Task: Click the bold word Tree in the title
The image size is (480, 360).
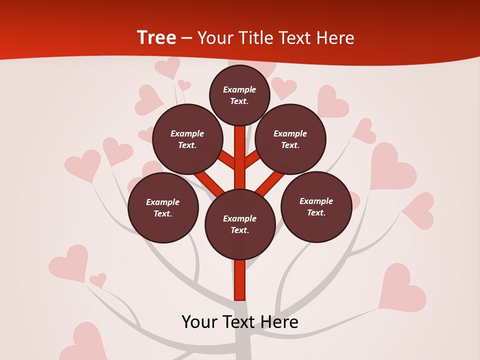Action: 156,37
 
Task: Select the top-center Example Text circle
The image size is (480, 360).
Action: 239,95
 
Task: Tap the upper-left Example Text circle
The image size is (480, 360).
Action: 187,139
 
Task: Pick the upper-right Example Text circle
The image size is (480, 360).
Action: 290,139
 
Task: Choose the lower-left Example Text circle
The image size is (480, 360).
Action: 163,207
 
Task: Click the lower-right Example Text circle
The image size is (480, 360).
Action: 316,206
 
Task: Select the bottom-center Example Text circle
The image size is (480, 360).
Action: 240,224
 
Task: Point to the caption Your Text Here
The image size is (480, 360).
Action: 240,322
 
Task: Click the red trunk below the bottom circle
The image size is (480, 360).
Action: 240,280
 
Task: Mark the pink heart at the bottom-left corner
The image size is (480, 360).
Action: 85,342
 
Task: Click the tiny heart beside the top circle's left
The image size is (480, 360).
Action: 184,85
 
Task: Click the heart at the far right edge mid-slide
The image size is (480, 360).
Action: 420,210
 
